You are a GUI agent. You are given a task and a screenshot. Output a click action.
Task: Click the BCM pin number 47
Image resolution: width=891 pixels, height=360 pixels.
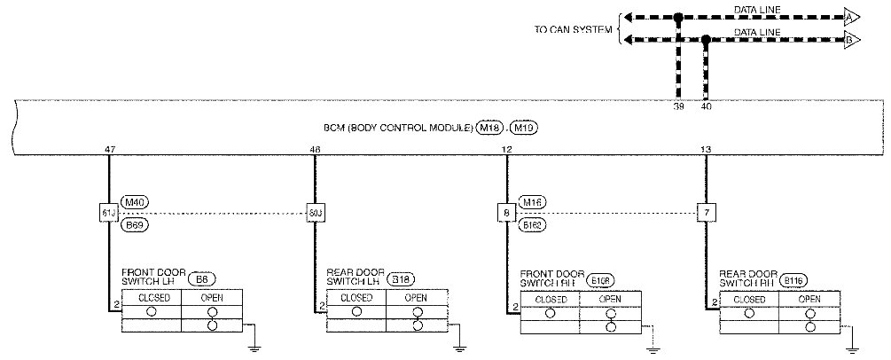[109, 150]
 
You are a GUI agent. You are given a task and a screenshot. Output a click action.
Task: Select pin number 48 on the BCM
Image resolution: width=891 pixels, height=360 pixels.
[315, 150]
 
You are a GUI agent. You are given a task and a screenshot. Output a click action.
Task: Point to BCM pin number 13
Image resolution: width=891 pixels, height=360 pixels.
[705, 150]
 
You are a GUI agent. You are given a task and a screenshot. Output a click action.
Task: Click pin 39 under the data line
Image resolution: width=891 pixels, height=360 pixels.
[678, 106]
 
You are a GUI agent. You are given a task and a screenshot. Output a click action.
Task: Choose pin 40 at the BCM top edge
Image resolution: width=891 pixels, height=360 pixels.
[707, 106]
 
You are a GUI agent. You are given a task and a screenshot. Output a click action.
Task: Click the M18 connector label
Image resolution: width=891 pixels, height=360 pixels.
[488, 129]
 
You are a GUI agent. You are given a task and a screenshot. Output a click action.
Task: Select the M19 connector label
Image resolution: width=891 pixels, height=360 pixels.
[525, 129]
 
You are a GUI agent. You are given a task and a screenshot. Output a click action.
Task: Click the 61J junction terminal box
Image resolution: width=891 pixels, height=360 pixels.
[109, 213]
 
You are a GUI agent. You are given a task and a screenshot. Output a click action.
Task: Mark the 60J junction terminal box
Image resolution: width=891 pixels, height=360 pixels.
[315, 213]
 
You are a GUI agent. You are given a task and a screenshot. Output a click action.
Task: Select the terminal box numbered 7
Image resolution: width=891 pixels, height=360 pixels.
[706, 213]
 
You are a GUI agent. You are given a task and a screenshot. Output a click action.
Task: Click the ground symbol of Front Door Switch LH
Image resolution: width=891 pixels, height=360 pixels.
[253, 335]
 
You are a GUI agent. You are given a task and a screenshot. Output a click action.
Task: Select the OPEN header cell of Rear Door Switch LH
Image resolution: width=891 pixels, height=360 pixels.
[415, 298]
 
